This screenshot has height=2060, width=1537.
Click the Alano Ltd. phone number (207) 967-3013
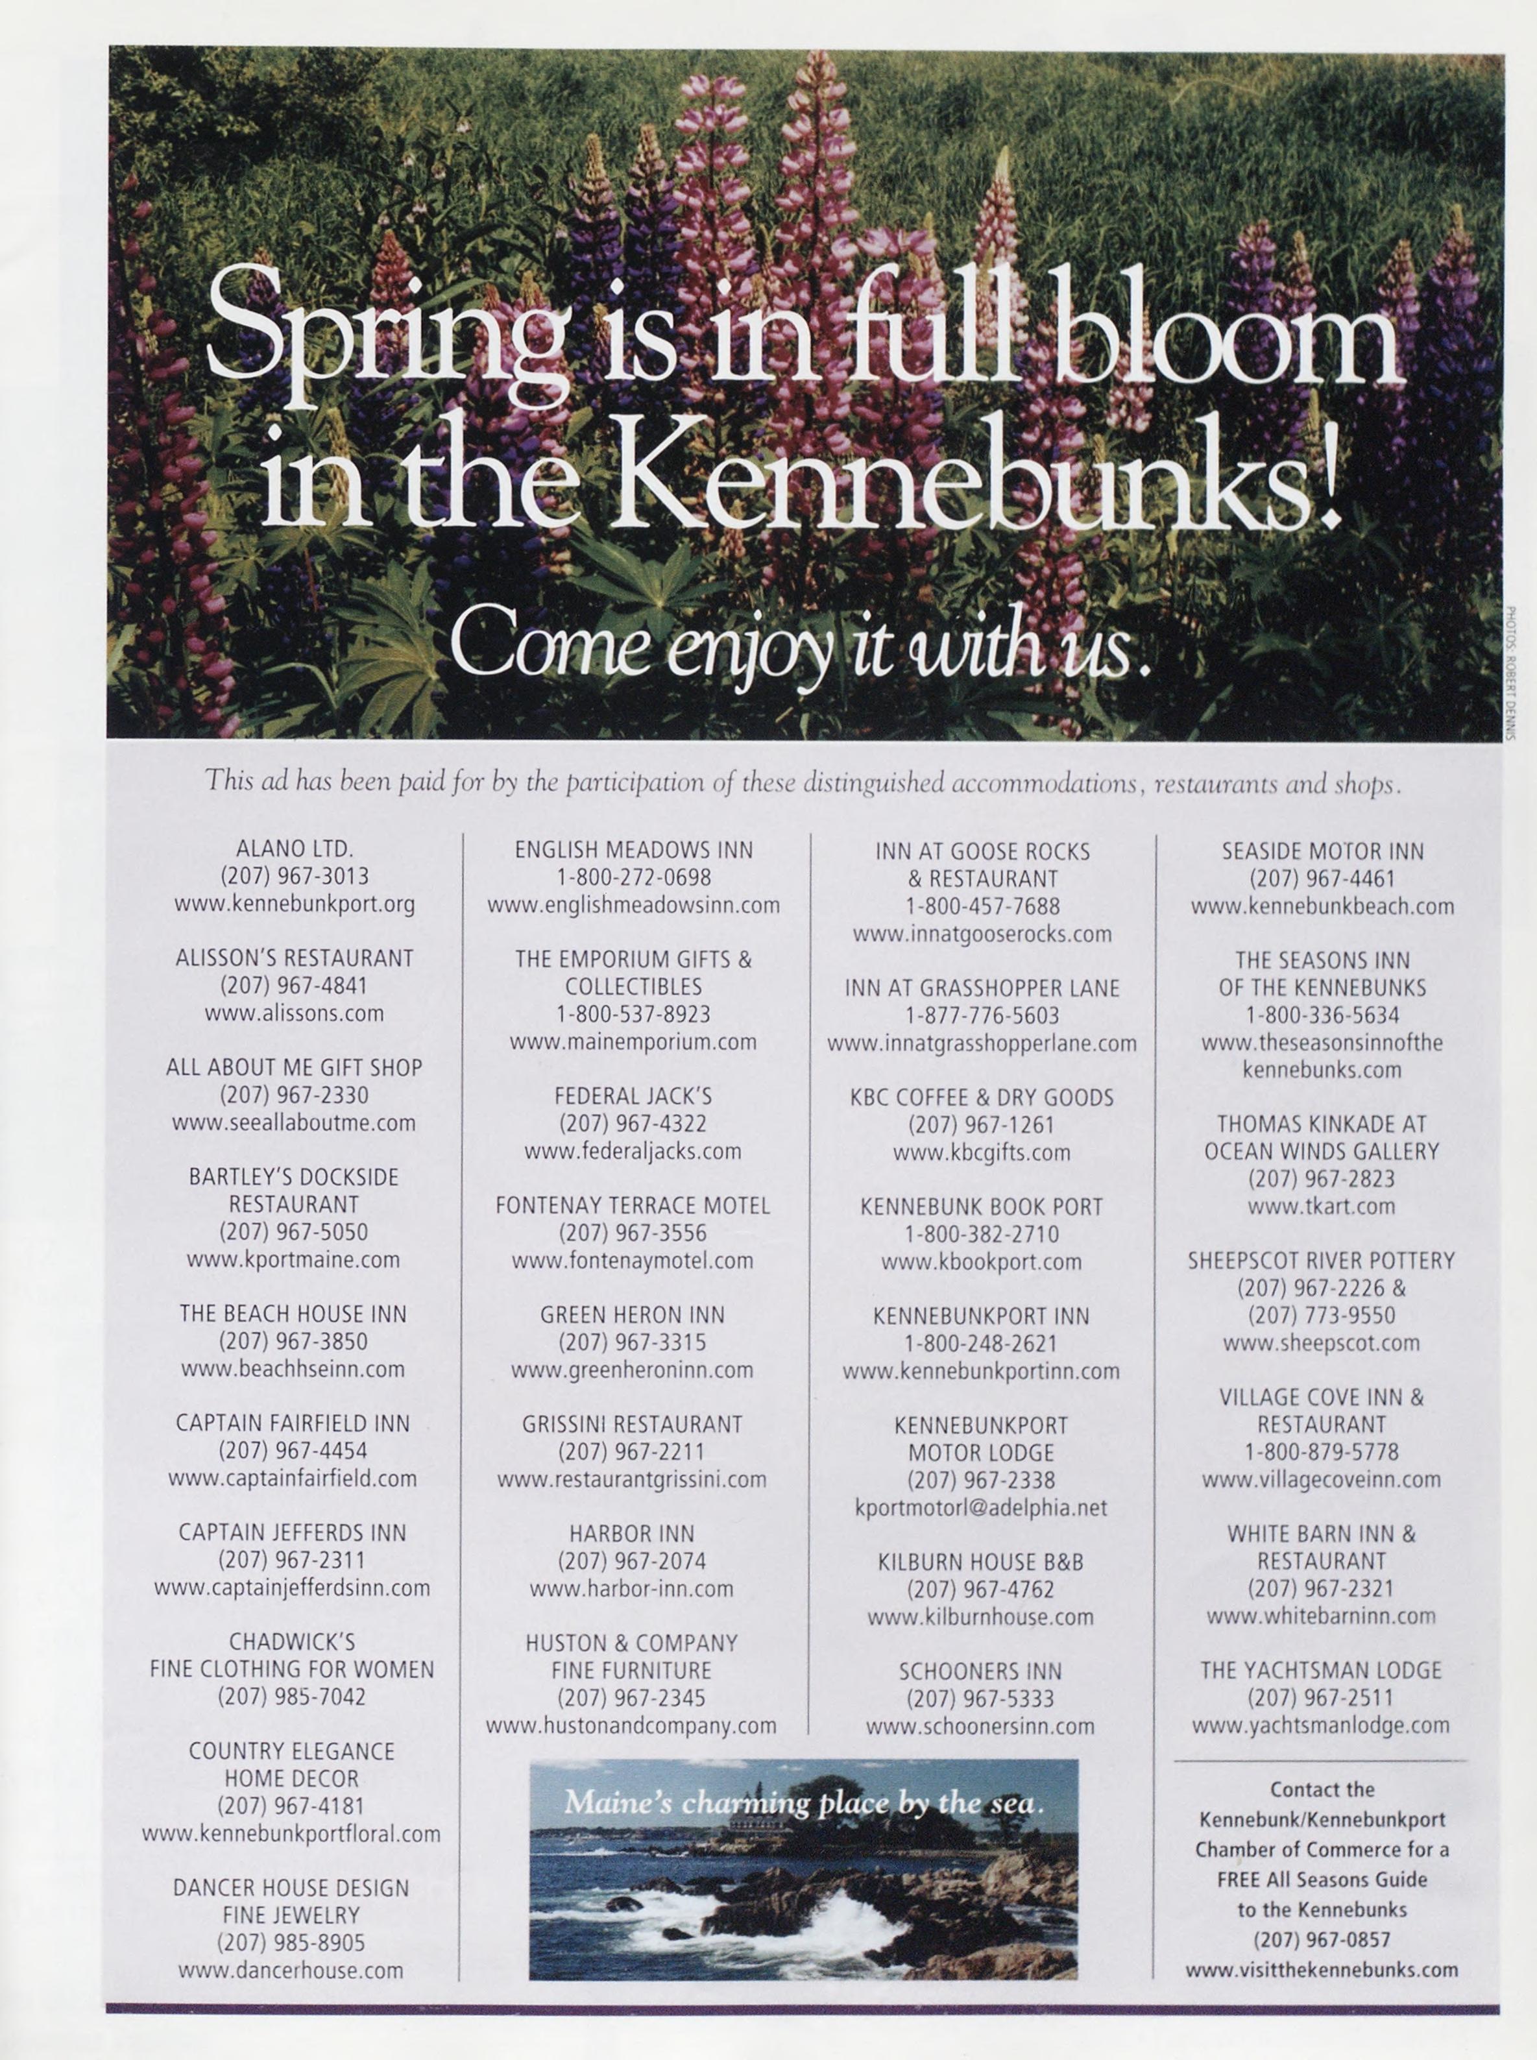click(294, 877)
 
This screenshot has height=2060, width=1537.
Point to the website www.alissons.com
click(294, 1013)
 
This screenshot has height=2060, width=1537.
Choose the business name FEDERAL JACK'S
click(633, 1097)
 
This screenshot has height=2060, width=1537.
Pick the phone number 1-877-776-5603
click(982, 1015)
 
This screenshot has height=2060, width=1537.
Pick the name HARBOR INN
click(633, 1533)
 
